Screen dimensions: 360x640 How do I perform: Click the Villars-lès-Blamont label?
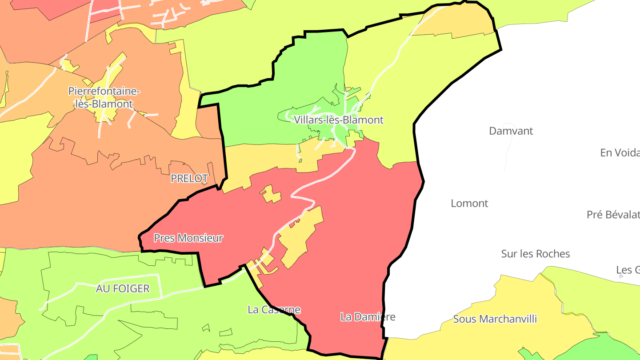click(338, 120)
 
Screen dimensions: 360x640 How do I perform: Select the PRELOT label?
click(189, 179)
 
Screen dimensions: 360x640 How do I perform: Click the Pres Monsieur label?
click(188, 238)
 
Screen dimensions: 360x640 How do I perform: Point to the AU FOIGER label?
click(123, 289)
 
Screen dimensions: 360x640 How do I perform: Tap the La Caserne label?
click(274, 310)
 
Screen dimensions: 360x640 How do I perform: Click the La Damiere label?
click(368, 317)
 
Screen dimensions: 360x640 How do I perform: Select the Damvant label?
click(511, 131)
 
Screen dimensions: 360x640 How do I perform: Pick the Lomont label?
click(469, 204)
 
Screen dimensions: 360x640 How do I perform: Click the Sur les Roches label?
click(535, 254)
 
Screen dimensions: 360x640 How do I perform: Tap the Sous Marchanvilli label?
click(495, 319)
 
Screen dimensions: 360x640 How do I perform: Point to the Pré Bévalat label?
click(612, 215)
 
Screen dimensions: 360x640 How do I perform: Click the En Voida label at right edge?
click(620, 153)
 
